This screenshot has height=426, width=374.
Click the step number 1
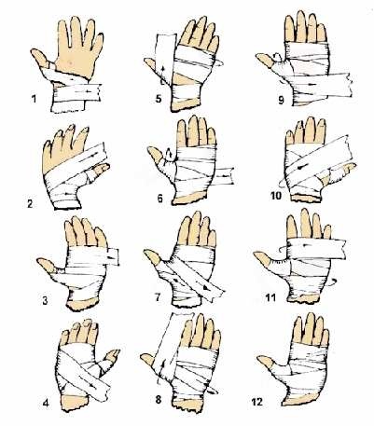point(34,99)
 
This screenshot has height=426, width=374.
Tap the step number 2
point(30,204)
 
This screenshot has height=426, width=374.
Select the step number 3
point(46,300)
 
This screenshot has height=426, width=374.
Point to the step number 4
point(46,403)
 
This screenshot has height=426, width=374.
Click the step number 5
point(159,99)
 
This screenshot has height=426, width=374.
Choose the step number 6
point(160,198)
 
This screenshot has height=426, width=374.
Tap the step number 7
point(158,297)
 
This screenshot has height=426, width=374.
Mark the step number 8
point(159,399)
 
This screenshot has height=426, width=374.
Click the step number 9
point(281,101)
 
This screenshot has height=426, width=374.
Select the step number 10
point(276,196)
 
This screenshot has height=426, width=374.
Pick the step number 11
point(270,297)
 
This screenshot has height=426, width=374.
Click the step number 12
point(256,402)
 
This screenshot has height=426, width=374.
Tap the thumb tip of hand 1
point(32,50)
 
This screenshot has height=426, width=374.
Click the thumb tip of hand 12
point(258,358)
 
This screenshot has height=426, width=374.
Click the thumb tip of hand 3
point(38,260)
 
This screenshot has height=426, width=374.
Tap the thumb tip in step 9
point(257,56)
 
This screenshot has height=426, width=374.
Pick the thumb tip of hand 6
point(149,149)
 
